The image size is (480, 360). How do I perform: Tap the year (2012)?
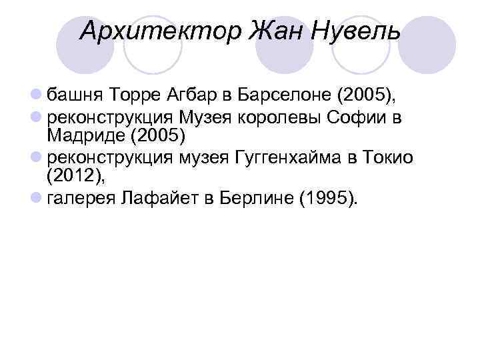click(x=75, y=177)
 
